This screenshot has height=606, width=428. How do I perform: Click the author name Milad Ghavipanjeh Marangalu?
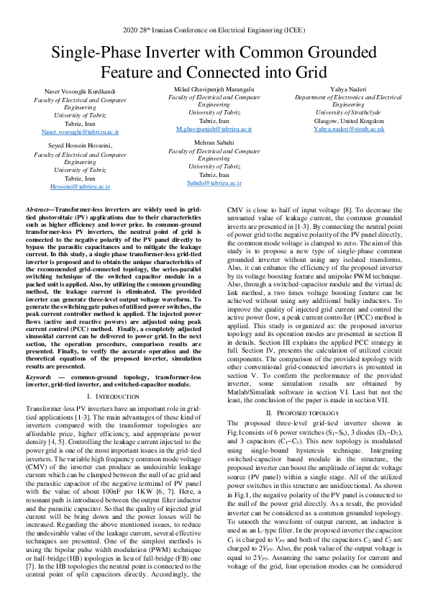(x=214, y=88)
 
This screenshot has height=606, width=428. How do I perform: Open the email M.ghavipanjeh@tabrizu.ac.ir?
(x=214, y=127)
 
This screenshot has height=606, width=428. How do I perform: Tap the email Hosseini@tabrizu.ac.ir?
(x=80, y=186)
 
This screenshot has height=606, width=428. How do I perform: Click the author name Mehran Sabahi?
(x=214, y=143)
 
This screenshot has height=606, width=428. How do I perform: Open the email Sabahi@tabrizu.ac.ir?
(x=214, y=184)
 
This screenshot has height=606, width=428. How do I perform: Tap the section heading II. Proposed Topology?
(x=308, y=412)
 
